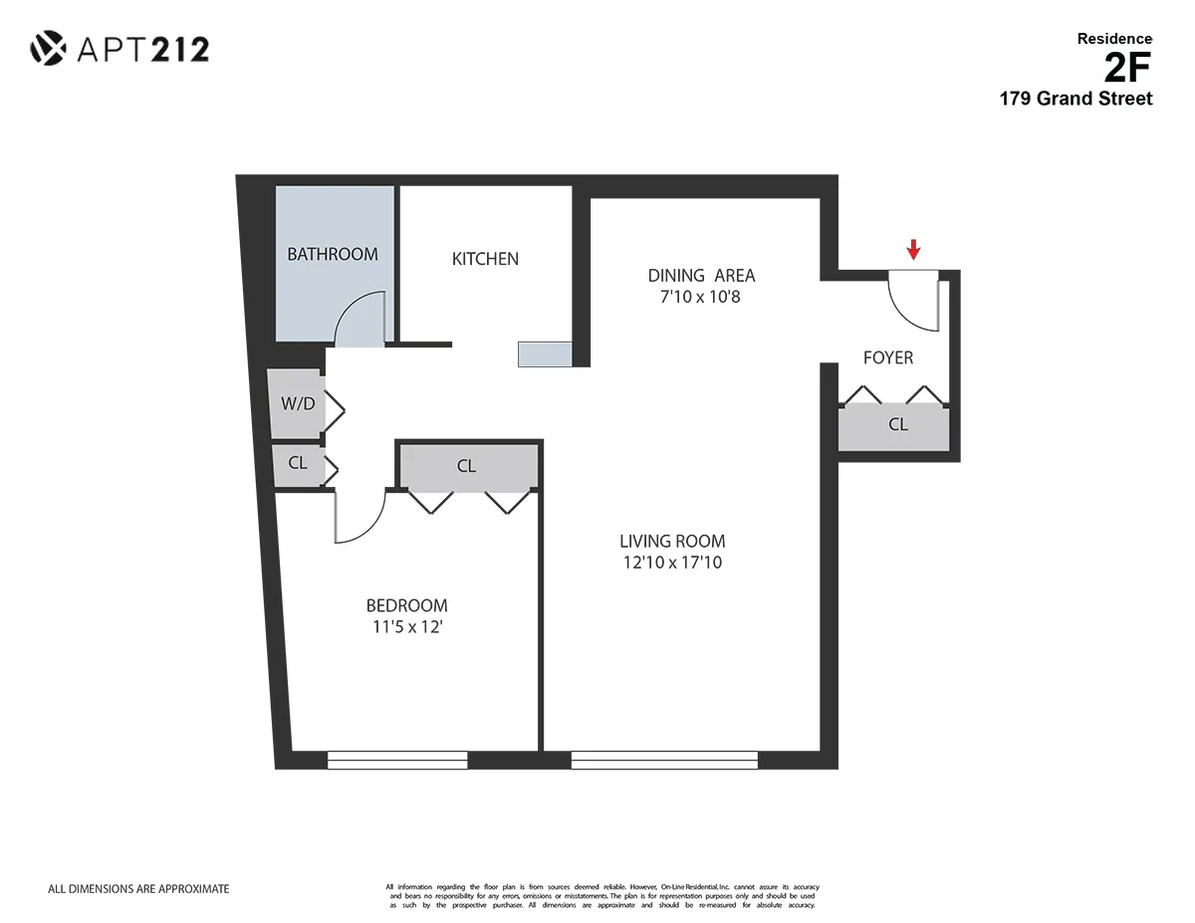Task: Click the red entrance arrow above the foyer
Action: coord(914,249)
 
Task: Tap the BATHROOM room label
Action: coord(333,254)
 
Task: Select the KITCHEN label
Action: coord(485,259)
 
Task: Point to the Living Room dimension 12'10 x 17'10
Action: coord(672,563)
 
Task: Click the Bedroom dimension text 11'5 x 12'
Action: coord(406,627)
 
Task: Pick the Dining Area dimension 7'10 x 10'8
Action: coord(701,297)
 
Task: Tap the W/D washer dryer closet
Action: coord(297,404)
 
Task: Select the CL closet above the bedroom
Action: coord(467,466)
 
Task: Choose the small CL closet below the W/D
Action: coord(296,464)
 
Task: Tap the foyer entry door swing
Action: coord(911,301)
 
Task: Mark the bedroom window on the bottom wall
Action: coord(397,761)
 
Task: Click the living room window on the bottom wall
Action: coord(664,761)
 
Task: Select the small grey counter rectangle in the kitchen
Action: coord(545,353)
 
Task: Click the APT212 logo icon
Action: coord(47,48)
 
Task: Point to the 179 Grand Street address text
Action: coord(1075,99)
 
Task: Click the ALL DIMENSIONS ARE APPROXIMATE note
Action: coord(138,888)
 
